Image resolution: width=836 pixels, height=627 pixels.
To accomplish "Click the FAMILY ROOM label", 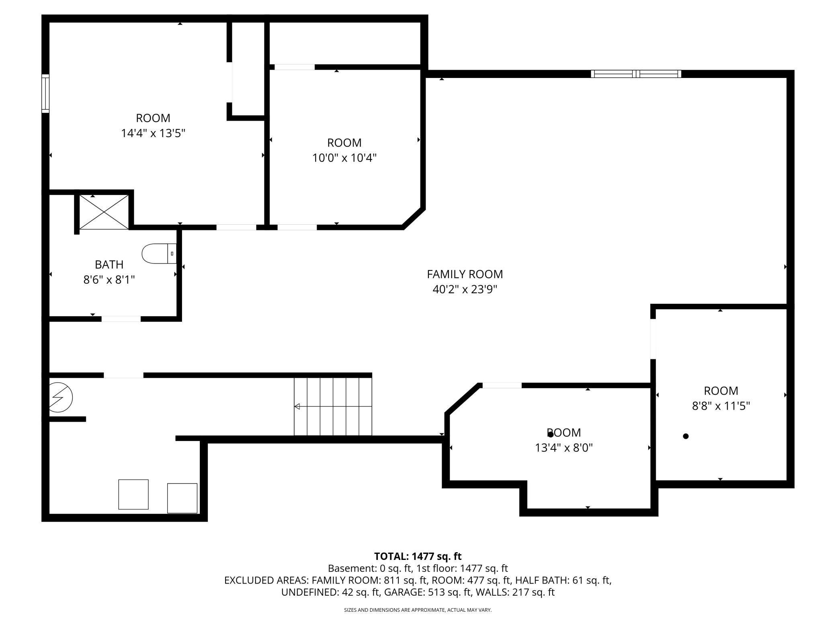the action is [x=465, y=274].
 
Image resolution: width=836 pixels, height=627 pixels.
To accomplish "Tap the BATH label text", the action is [x=109, y=264].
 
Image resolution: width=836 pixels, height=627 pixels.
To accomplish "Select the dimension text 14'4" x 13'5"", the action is [x=153, y=133].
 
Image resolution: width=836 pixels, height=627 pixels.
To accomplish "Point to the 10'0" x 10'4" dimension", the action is [x=344, y=158].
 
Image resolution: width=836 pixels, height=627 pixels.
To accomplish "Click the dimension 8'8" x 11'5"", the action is [x=721, y=406].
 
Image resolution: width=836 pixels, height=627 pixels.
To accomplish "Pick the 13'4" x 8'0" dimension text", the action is [x=564, y=447].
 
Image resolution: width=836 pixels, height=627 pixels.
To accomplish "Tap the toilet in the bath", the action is [x=159, y=254].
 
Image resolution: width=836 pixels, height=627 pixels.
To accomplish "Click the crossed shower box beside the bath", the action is [x=104, y=212].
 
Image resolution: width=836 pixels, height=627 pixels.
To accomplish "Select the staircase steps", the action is [x=333, y=406].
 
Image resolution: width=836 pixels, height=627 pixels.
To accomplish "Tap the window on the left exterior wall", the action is [x=45, y=93].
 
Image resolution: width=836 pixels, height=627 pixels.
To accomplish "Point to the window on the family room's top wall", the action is [x=636, y=74].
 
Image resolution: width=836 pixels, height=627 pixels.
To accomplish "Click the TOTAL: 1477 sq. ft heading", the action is [x=418, y=556].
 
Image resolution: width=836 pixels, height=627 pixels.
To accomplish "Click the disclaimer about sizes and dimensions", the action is [x=418, y=610].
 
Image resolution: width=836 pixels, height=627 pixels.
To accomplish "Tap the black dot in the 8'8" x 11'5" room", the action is [x=686, y=436].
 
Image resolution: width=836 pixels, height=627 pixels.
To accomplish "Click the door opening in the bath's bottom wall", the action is [x=121, y=319].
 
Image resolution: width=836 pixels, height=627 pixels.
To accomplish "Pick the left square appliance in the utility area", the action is [x=133, y=494].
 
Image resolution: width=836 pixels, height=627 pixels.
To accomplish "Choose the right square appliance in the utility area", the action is [x=182, y=498].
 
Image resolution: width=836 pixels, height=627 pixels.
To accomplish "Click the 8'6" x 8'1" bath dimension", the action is [x=109, y=279].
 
